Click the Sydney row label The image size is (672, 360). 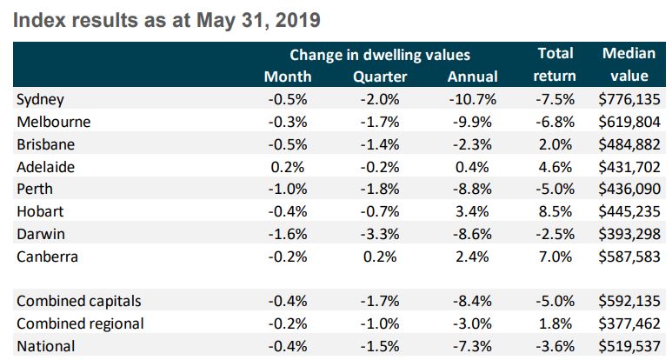click(x=41, y=100)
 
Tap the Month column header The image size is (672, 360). click(x=287, y=77)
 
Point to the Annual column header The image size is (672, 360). click(x=472, y=77)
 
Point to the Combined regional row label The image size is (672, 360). click(x=80, y=323)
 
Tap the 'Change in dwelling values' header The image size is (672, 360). click(x=380, y=54)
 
